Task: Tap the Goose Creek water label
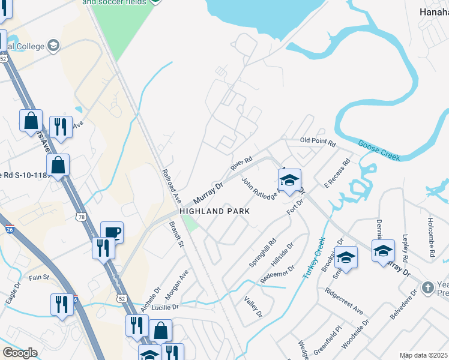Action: [x=379, y=149]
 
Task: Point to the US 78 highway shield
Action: [x=80, y=216]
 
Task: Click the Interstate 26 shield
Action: [x=9, y=229]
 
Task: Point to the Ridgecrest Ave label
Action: [x=344, y=302]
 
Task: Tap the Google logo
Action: [x=19, y=353]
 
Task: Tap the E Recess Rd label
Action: [x=337, y=173]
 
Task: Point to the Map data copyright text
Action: [x=423, y=355]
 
